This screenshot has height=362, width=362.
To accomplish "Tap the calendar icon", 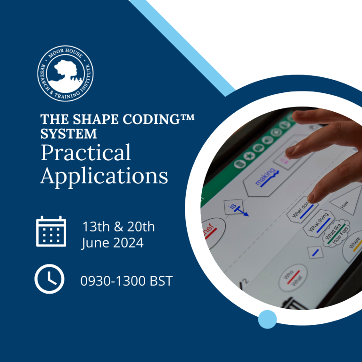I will [50, 231].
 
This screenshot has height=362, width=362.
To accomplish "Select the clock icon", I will [49, 280].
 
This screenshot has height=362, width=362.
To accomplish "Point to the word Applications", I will [104, 175].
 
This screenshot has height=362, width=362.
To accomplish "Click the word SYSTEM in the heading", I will [68, 134].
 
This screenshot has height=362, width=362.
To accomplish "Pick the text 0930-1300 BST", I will [126, 281].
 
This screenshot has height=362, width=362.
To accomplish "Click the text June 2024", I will [112, 243].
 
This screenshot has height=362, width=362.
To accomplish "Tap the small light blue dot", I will [267, 319].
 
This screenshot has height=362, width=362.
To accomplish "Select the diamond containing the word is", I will [234, 206].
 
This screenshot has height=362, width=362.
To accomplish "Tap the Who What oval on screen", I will [292, 278].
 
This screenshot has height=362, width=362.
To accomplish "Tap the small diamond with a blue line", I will [315, 253].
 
